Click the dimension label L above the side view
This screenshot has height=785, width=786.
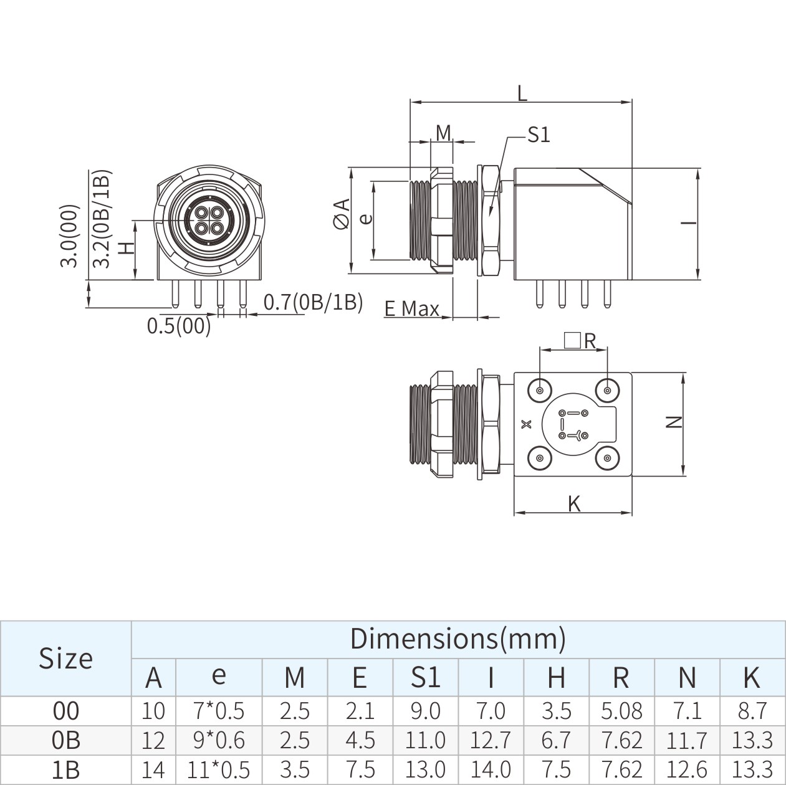(x=522, y=93)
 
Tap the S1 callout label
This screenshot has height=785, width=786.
(x=538, y=135)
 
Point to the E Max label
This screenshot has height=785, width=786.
(x=411, y=308)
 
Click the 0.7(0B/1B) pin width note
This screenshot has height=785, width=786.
(x=313, y=302)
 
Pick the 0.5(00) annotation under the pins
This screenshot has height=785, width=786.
(x=179, y=326)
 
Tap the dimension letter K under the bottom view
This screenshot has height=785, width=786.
(x=574, y=503)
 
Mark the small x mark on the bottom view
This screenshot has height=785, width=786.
(x=527, y=424)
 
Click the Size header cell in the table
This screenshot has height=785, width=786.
(x=65, y=659)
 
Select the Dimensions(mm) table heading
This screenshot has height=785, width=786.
(x=458, y=639)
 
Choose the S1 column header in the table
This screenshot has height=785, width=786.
(x=426, y=677)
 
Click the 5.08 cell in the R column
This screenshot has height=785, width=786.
(x=621, y=711)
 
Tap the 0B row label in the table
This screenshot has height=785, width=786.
(x=65, y=740)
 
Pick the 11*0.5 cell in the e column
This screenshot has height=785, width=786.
(x=218, y=770)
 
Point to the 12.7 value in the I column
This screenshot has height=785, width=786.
(x=491, y=740)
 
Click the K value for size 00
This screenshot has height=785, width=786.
(x=752, y=711)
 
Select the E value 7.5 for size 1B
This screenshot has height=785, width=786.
(x=360, y=770)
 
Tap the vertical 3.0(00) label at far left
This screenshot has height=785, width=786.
(x=70, y=236)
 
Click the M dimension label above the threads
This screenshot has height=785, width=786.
(x=443, y=133)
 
